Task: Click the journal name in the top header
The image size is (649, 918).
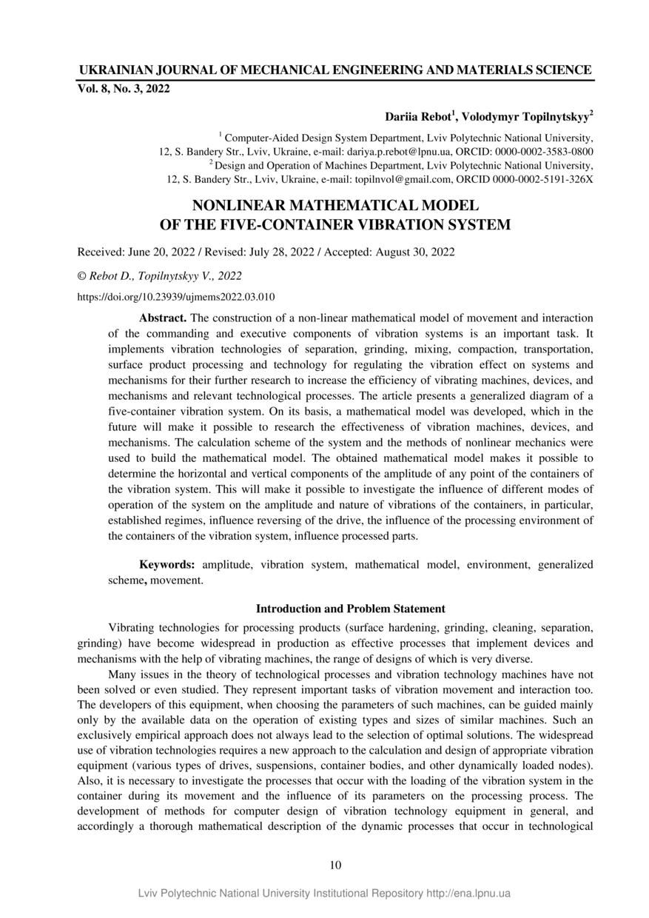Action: [x=334, y=70]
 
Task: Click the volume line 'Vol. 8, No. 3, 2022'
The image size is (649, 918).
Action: [x=124, y=90]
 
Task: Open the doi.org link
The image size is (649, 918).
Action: [x=176, y=297]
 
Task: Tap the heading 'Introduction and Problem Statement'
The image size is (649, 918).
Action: [x=350, y=609]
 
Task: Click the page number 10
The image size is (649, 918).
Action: [x=335, y=865]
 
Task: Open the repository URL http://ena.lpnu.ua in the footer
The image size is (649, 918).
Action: [x=468, y=893]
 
